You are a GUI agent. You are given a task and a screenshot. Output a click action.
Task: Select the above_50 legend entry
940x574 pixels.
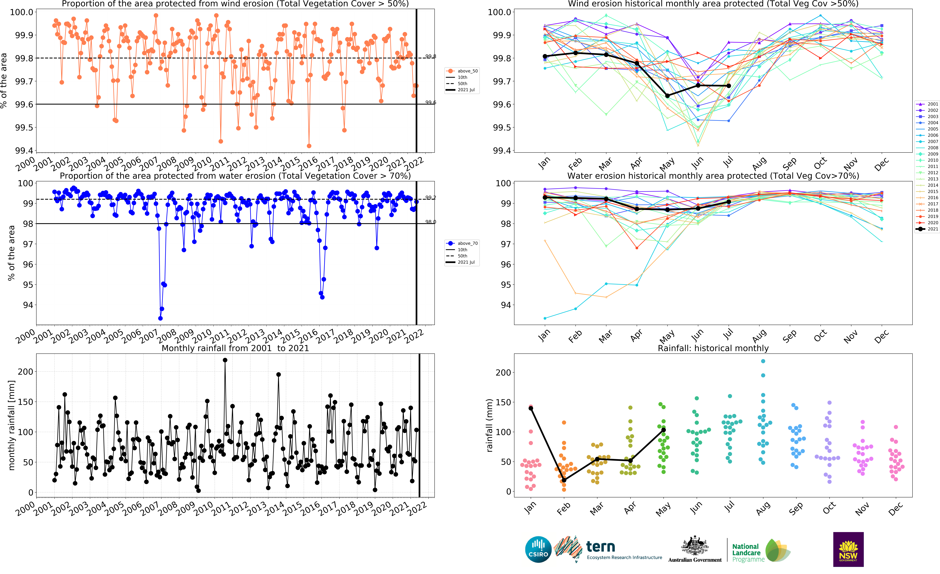coord(462,71)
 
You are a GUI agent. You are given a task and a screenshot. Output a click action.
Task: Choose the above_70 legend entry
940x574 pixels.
coord(462,243)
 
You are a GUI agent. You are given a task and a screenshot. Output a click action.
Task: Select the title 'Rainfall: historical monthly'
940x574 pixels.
coord(713,348)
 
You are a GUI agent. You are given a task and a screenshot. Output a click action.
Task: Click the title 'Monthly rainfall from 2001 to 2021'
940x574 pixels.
coord(235,348)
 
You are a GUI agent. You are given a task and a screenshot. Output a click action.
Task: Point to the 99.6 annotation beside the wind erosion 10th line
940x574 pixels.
coord(430,102)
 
